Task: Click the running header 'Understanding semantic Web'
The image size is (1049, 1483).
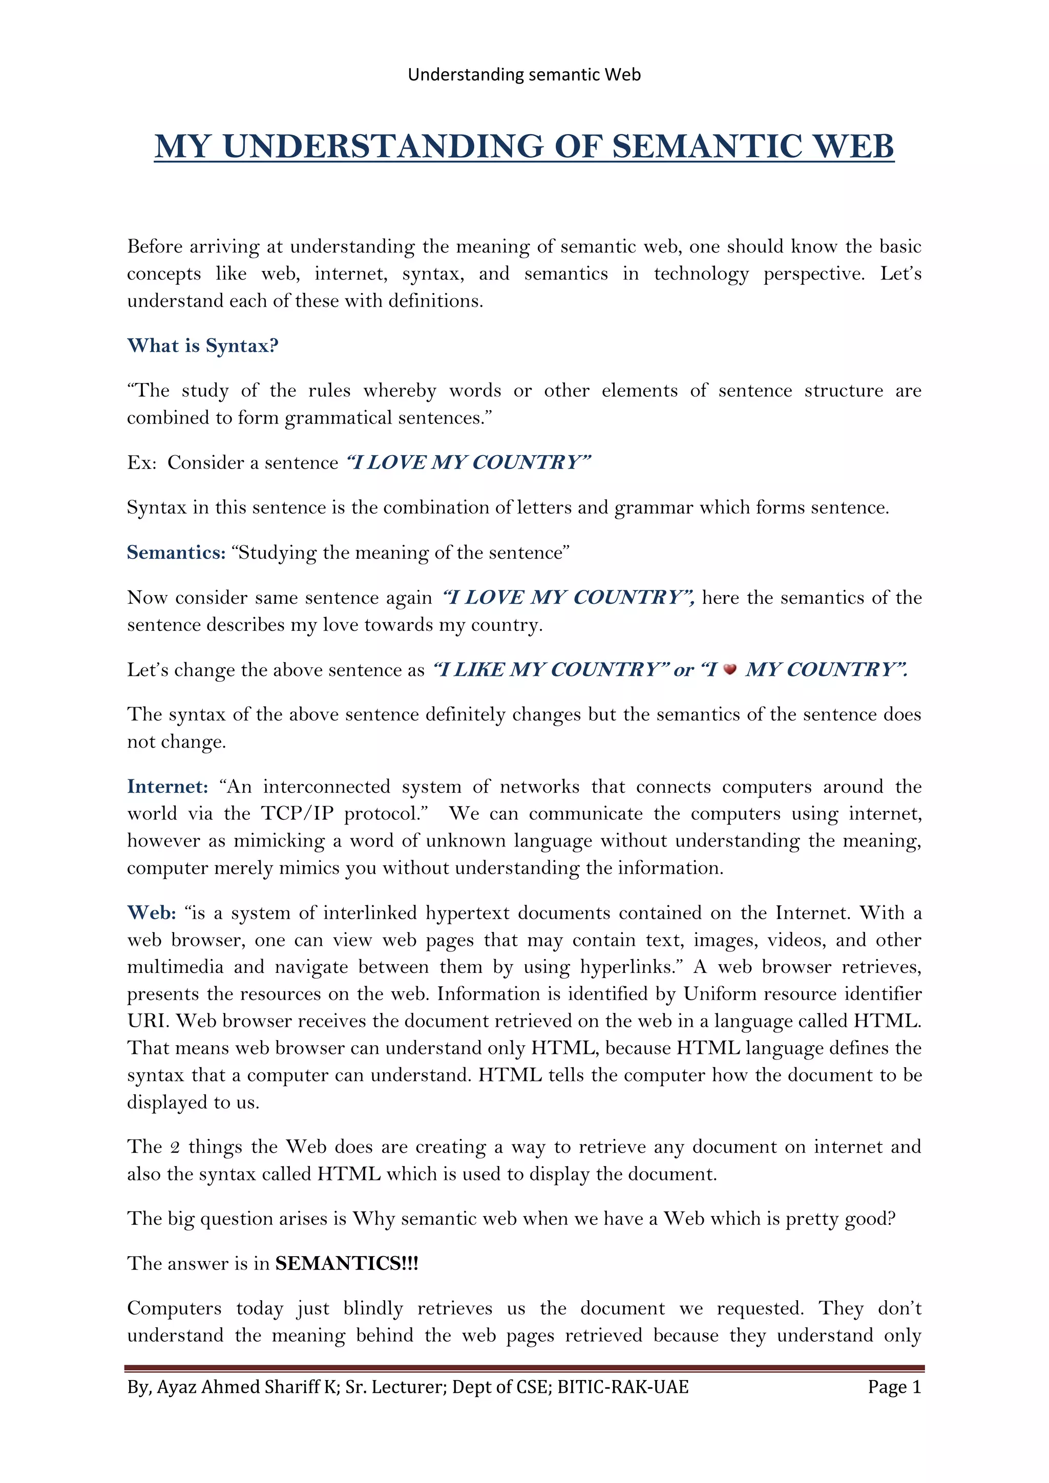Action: pos(524,75)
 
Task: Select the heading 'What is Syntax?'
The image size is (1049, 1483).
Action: pos(203,346)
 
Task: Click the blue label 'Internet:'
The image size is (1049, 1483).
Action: pos(167,786)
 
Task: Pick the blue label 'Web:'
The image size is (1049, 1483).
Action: pos(151,913)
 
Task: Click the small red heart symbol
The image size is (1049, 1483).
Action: pos(730,670)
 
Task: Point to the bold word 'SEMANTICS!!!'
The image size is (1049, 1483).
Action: pos(347,1263)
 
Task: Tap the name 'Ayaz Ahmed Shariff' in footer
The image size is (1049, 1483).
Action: pos(244,1387)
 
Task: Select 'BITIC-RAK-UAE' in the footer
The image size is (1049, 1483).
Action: pos(623,1387)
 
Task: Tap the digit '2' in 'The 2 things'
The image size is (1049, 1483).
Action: pos(174,1147)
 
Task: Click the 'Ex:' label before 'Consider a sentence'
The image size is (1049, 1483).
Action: pos(141,462)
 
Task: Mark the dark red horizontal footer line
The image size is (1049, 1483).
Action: pos(524,1368)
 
